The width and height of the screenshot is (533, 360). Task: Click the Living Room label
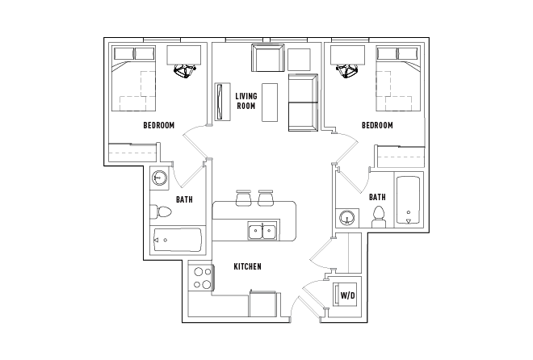click(x=246, y=101)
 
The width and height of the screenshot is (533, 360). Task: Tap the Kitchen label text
click(x=246, y=267)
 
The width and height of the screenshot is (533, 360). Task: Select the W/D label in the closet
click(x=348, y=295)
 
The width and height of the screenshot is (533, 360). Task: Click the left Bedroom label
click(x=159, y=125)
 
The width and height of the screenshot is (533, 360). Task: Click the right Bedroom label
click(x=377, y=125)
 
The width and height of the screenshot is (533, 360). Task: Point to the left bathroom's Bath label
click(x=184, y=199)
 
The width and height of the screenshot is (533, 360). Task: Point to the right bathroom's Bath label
click(x=377, y=197)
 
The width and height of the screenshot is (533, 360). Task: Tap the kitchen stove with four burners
click(x=200, y=278)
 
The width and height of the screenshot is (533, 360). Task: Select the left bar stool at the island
click(x=243, y=197)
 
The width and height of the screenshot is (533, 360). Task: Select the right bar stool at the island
click(x=266, y=197)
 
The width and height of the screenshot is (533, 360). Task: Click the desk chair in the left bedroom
click(x=184, y=71)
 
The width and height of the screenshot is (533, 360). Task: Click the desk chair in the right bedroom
click(x=350, y=71)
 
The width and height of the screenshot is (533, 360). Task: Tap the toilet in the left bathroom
click(x=162, y=212)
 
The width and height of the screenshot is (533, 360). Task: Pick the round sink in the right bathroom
click(x=348, y=217)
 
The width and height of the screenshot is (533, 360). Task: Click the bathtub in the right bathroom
click(x=409, y=199)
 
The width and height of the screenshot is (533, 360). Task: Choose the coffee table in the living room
click(x=270, y=102)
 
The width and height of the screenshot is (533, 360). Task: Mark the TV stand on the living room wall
click(x=220, y=102)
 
